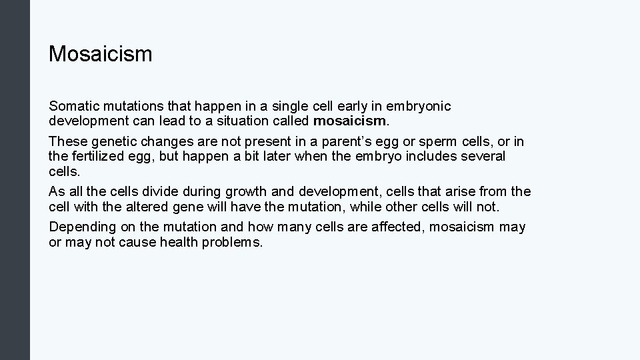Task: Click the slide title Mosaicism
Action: tap(101, 54)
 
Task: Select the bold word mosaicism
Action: tap(349, 121)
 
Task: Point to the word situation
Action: tap(249, 121)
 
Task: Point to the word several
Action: tap(481, 156)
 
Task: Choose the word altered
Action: tap(138, 207)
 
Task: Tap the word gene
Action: tap(179, 207)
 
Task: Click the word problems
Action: tap(233, 242)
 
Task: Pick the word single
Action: tap(297, 106)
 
